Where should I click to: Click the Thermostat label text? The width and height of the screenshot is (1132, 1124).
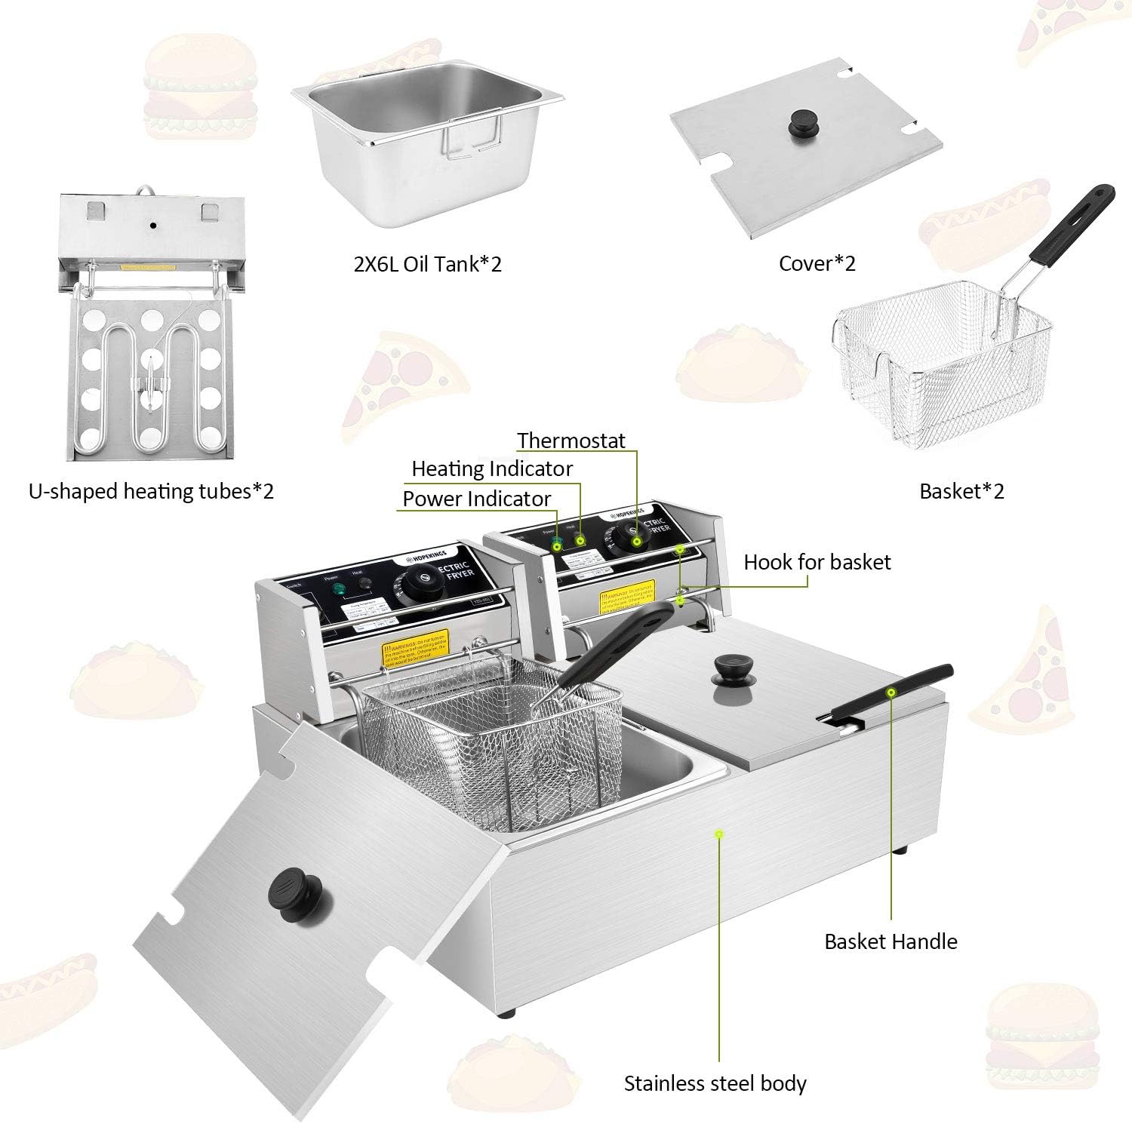[x=571, y=441]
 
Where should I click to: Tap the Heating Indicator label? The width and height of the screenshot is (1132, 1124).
[x=492, y=469]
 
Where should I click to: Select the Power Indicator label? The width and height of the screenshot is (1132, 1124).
[x=477, y=499]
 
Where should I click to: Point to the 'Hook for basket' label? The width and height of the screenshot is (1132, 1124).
[x=817, y=562]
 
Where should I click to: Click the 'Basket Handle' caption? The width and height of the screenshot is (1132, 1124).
[x=891, y=941]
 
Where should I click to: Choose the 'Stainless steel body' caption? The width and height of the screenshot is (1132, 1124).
[x=715, y=1084]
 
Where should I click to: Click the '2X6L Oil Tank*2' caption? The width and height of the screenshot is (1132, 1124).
[x=428, y=264]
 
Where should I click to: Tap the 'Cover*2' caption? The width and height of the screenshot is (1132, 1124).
[x=817, y=263]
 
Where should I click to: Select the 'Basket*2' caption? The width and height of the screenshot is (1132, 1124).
[x=961, y=491]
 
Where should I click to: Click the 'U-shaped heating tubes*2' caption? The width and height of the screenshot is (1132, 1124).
[x=151, y=492]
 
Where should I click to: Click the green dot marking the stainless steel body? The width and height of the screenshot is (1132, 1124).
[x=718, y=834]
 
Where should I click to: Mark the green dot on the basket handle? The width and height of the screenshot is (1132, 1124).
[x=891, y=692]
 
